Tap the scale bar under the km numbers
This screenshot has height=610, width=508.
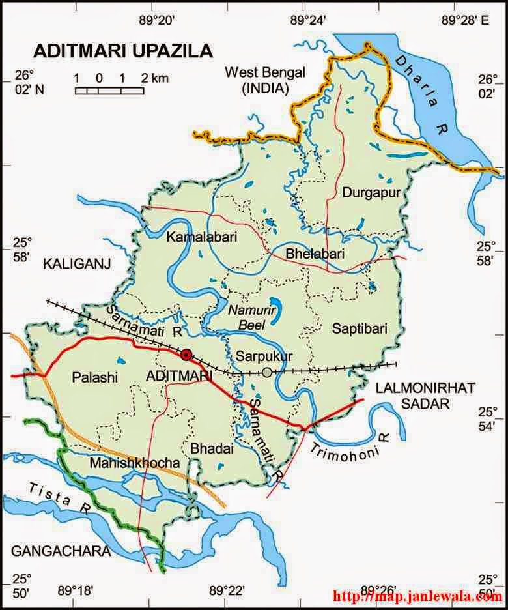(109, 91)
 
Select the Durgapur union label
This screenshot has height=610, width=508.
(369, 192)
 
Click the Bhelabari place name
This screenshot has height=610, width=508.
(315, 253)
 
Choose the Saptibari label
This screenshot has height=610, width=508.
(360, 329)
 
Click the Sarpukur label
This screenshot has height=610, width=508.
(264, 356)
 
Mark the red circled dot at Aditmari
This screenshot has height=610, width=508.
(187, 355)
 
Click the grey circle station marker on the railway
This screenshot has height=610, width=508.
(267, 372)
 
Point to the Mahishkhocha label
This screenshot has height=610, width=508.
(125, 463)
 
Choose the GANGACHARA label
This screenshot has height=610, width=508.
(61, 551)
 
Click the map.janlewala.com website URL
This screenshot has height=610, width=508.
(417, 596)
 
